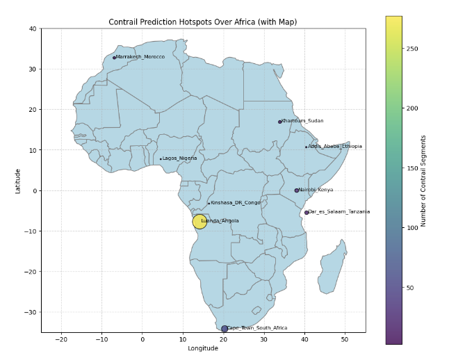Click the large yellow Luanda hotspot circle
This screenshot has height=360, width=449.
[199, 222]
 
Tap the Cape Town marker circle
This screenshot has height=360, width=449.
[224, 329]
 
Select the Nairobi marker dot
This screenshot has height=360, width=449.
[297, 190]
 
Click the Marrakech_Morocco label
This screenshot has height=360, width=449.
[140, 57]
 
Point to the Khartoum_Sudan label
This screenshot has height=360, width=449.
[303, 121]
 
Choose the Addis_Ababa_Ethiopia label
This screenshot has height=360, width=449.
[335, 147]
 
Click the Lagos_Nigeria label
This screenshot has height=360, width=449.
[180, 158]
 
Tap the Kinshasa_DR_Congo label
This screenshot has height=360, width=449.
[236, 203]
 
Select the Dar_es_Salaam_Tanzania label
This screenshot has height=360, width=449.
[340, 212]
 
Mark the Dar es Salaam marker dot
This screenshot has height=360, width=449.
[307, 213]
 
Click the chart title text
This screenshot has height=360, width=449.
[203, 22]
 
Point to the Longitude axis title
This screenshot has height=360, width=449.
[203, 349]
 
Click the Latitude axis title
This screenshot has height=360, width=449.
[18, 181]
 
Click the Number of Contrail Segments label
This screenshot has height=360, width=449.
[423, 181]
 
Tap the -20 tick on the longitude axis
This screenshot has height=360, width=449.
[61, 339]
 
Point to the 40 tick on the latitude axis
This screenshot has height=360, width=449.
[33, 28]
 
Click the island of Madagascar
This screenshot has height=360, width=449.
[332, 268]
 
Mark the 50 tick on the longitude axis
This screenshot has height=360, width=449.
[345, 339]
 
